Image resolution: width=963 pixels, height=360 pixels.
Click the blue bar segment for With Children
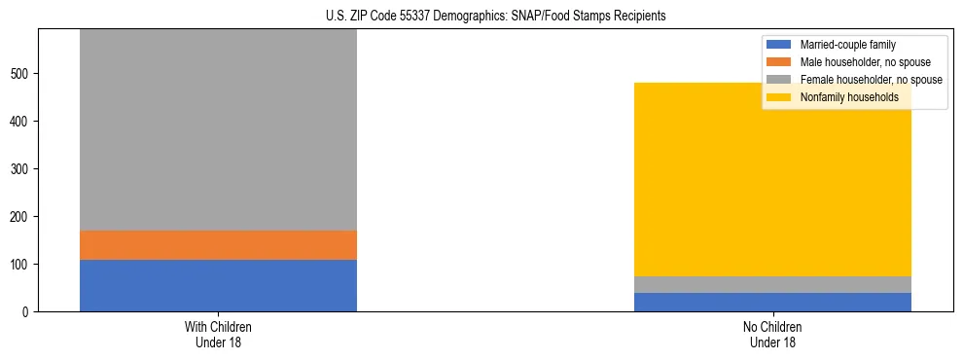point(218,285)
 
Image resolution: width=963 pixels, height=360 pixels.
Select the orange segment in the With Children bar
point(218,245)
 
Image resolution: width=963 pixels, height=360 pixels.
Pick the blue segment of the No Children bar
point(772,302)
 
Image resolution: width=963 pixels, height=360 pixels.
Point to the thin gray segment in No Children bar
point(772,284)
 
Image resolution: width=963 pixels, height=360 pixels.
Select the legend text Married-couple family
point(847,45)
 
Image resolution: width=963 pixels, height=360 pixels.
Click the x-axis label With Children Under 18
point(218,335)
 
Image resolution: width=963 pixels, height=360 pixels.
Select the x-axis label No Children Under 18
point(772,335)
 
